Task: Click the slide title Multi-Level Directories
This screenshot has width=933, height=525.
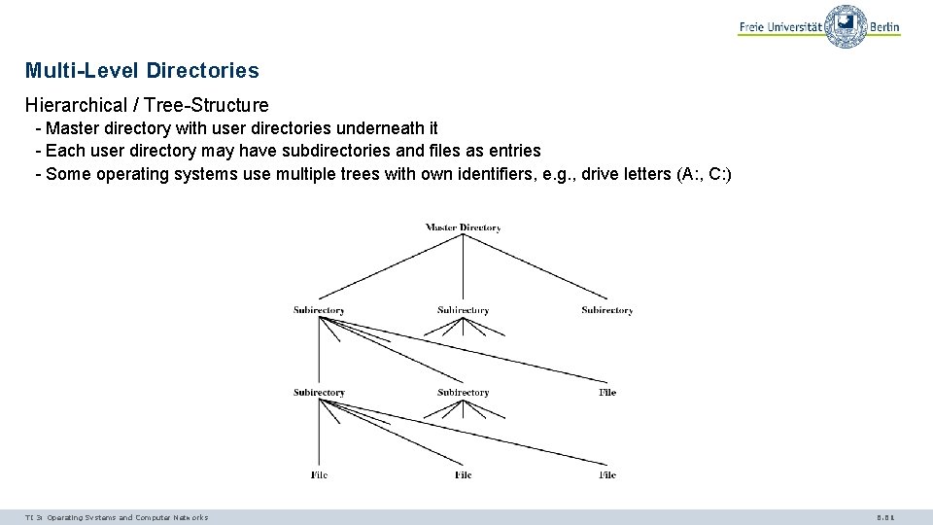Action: click(142, 71)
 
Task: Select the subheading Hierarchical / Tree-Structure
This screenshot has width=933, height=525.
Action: click(147, 105)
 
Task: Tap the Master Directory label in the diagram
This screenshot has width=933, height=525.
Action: click(463, 227)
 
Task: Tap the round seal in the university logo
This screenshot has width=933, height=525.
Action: click(847, 26)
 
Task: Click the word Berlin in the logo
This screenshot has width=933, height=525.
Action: click(884, 27)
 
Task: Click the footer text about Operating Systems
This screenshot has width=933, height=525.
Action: click(117, 517)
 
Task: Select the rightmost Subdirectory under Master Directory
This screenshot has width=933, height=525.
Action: click(607, 310)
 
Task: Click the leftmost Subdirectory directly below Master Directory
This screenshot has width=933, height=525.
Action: click(319, 310)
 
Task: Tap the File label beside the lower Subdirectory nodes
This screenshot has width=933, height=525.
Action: click(607, 393)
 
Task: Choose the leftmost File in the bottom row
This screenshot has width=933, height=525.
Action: click(319, 475)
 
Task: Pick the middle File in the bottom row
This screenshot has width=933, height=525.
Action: click(463, 475)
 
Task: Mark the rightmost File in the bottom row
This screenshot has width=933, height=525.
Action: click(607, 475)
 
